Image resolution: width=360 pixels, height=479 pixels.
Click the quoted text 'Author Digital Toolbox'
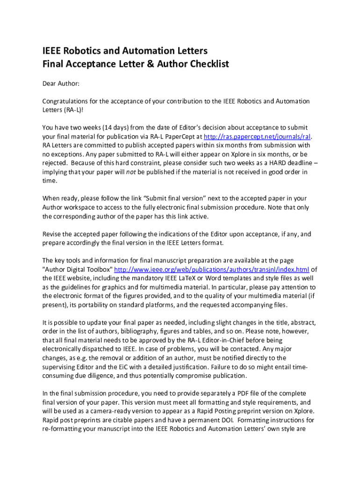click(78, 269)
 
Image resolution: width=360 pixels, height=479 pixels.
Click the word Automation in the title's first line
click(146, 51)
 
